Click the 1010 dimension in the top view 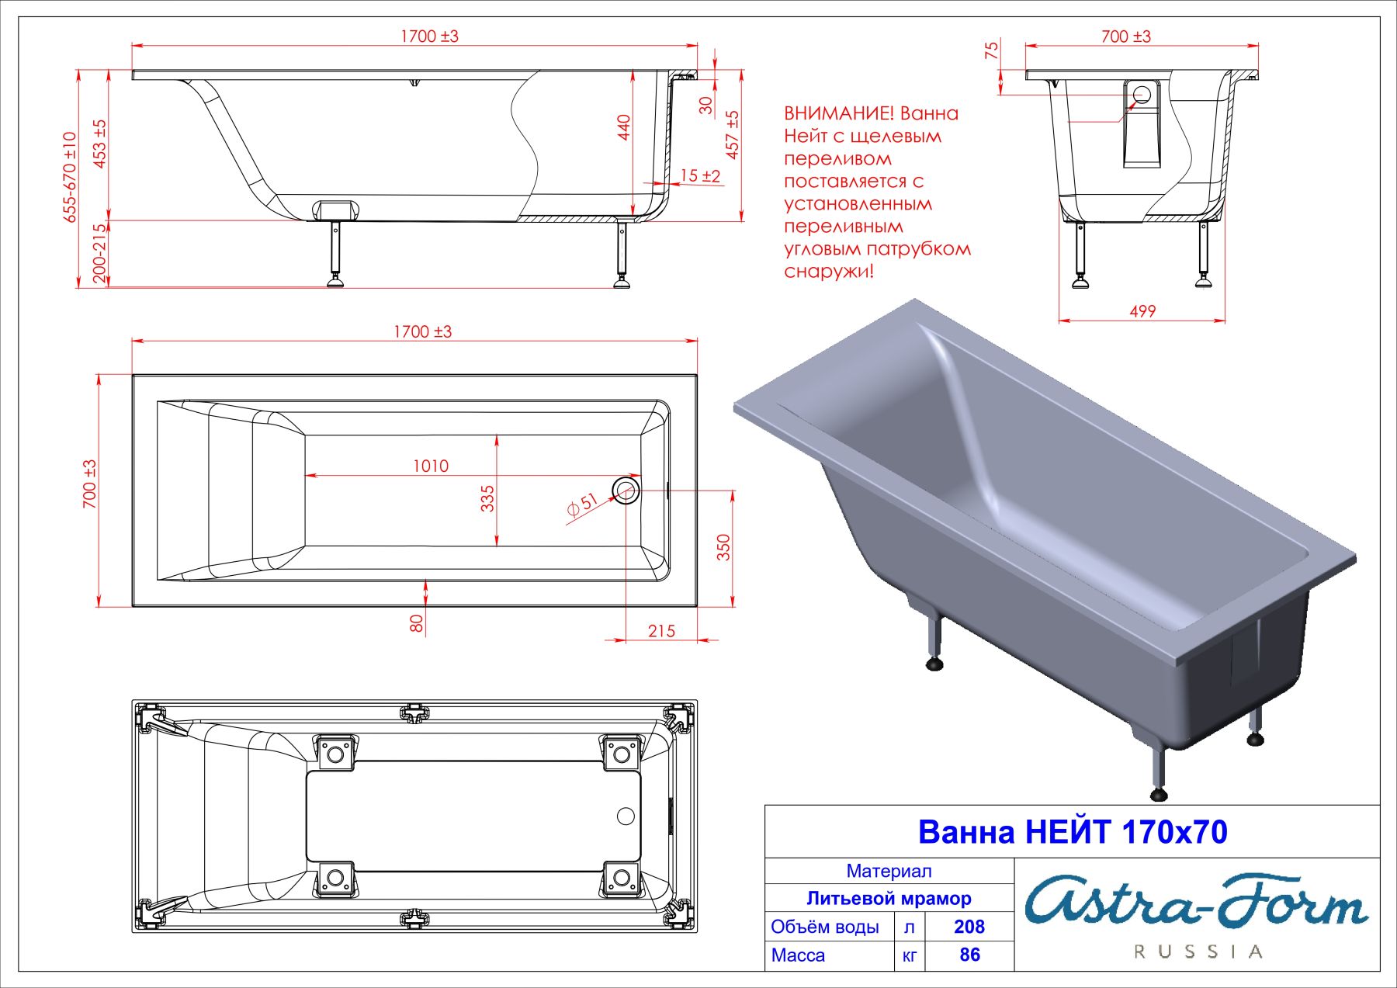430,466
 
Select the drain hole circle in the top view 626,490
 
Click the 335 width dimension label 487,498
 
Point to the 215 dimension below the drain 661,631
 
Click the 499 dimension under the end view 1142,311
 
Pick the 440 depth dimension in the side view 624,127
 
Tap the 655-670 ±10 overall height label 70,177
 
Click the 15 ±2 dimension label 700,176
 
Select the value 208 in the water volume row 969,927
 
